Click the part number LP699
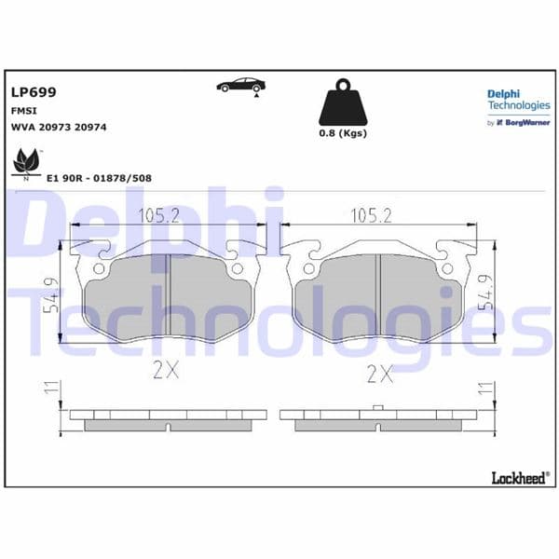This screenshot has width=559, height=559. click(34, 92)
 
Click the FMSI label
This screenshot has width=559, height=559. click(24, 110)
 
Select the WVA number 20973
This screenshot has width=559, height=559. click(57, 126)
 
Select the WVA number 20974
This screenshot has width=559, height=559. click(90, 126)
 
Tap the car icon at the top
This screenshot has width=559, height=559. click(239, 86)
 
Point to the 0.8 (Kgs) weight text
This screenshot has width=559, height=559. click(343, 133)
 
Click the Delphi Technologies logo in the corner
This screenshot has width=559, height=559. click(518, 105)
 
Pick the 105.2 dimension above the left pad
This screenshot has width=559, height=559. click(159, 216)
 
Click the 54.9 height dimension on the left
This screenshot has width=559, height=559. click(54, 293)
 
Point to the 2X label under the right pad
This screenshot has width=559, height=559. click(380, 374)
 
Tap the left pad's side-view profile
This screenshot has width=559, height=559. click(168, 419)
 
